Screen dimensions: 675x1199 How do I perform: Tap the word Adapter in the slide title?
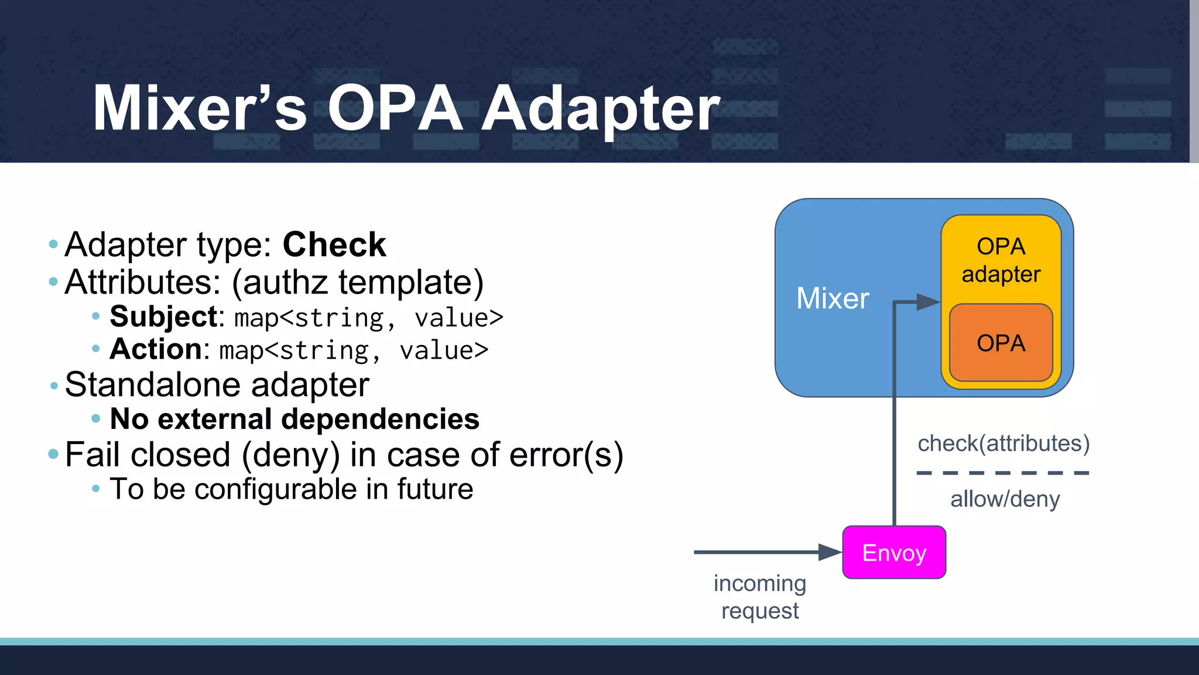(600, 108)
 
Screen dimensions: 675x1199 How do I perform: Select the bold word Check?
(334, 244)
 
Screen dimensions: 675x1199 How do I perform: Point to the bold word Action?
(156, 349)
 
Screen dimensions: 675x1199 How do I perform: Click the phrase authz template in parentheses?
(358, 282)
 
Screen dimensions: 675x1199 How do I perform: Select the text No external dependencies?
(294, 419)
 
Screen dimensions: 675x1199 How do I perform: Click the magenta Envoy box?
(894, 553)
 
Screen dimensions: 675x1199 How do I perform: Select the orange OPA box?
(1001, 343)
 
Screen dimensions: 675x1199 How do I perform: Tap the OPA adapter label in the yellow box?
(1001, 260)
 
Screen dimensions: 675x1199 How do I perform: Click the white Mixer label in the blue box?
(833, 298)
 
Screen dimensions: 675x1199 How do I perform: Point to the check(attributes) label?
(1003, 444)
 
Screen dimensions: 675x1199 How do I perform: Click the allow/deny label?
(1005, 499)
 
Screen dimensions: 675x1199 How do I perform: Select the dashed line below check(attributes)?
(1002, 472)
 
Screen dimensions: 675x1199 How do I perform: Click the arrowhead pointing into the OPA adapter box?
(929, 302)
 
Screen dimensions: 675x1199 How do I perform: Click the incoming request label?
(760, 597)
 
